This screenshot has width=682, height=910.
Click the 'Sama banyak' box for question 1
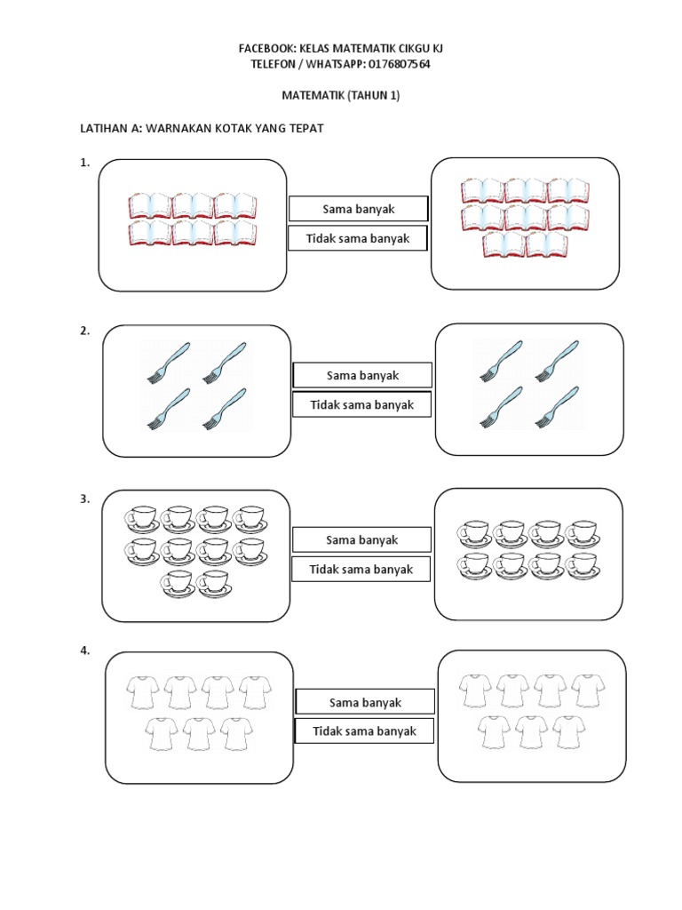click(x=359, y=209)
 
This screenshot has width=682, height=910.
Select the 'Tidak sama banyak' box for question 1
click(x=358, y=238)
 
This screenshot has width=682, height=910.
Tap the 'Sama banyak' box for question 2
click(x=362, y=375)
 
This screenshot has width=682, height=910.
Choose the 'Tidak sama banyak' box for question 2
click(x=362, y=404)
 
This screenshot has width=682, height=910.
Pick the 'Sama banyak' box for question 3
click(x=362, y=539)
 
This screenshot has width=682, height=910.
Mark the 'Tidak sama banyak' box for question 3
click(x=362, y=569)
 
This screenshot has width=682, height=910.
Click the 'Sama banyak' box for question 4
click(x=365, y=702)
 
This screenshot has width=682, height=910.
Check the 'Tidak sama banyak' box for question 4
click(x=364, y=731)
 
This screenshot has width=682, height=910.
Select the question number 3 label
click(x=85, y=499)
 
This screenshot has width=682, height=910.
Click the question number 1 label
click(x=85, y=163)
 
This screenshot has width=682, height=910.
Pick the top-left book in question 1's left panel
click(x=149, y=206)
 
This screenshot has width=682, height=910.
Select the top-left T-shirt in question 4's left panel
click(x=144, y=691)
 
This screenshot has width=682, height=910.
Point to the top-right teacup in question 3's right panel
click(x=583, y=531)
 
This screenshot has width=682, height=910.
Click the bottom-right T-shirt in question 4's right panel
click(x=567, y=730)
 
